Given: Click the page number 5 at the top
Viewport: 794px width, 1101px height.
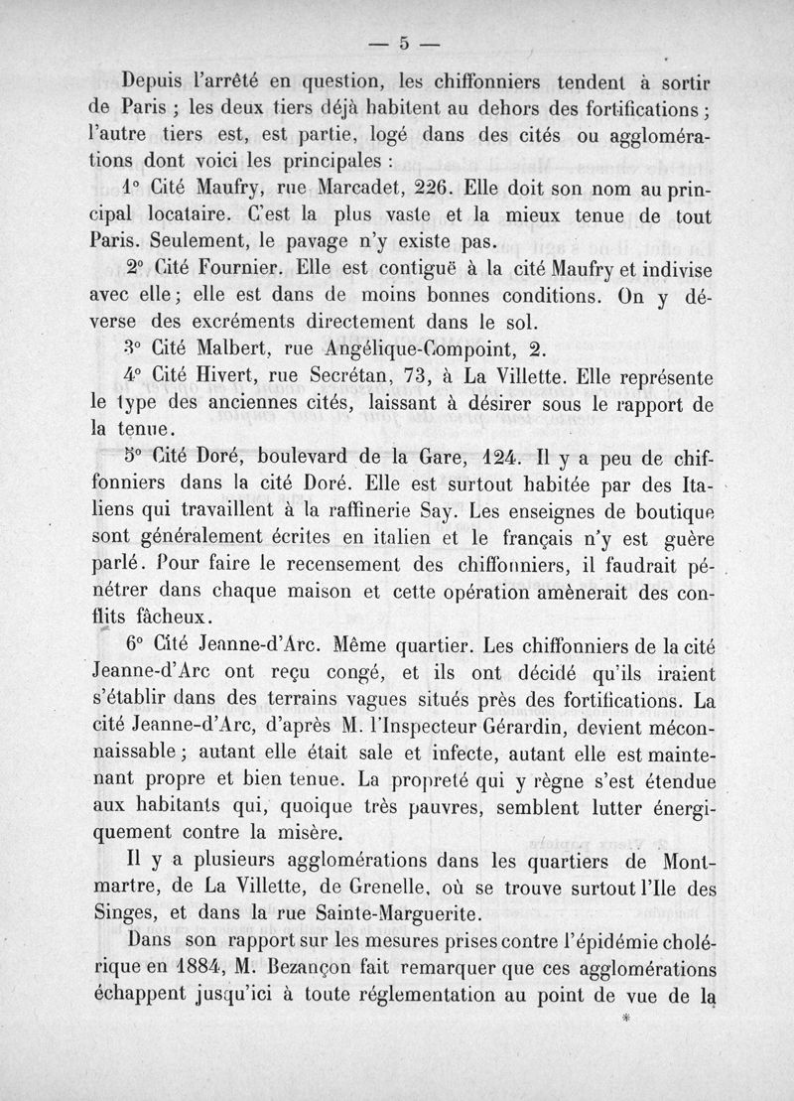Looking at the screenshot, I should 404,43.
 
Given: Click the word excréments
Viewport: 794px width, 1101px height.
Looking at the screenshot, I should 210,322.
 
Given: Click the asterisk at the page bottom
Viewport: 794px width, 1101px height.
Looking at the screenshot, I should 624,1019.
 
